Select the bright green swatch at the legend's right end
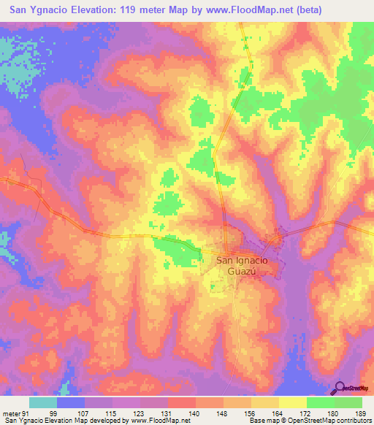tap(348, 402)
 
